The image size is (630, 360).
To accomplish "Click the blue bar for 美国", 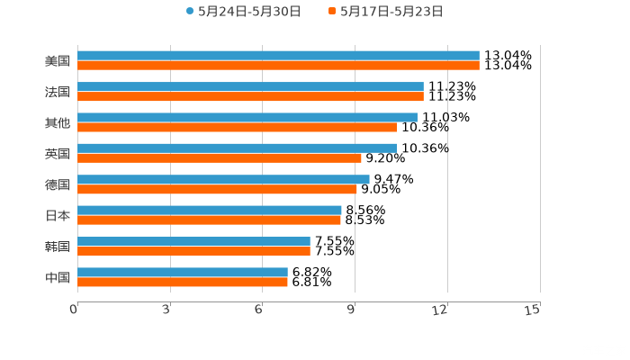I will tap(278, 56).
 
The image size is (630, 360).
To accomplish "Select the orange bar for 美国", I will tap(278, 66).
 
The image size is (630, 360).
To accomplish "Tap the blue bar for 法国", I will tap(250, 86).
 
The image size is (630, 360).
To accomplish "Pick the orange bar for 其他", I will tap(237, 127).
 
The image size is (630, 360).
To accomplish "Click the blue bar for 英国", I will tap(237, 148).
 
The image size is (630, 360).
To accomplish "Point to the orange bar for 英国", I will tap(220, 157).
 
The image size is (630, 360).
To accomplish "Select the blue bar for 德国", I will tap(223, 179).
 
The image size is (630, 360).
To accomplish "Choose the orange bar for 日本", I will tap(209, 220).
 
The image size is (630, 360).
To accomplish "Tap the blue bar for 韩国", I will tap(193, 241).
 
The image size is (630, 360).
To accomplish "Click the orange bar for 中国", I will tap(183, 282).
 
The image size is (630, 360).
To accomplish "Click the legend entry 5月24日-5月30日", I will tap(243, 12).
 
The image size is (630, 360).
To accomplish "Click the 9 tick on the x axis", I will tap(353, 310).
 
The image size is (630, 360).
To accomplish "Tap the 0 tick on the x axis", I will tap(74, 310).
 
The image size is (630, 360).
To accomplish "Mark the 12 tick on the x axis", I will tap(441, 310).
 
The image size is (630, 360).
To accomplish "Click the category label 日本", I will tap(58, 215).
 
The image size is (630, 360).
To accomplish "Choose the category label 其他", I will tap(58, 122).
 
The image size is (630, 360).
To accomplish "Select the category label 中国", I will tap(58, 277).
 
